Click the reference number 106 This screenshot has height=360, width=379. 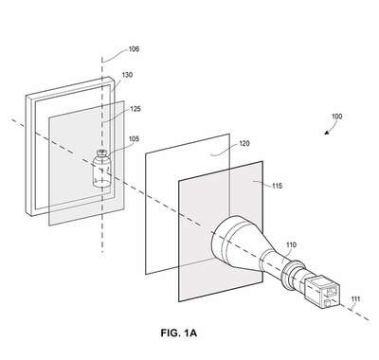[x=134, y=49]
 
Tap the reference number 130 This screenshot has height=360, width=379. [x=127, y=75]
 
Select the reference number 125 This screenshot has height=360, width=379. [x=135, y=109]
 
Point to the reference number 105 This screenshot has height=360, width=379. [x=134, y=139]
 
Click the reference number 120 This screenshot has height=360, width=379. [x=244, y=144]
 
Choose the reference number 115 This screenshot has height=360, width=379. [x=277, y=186]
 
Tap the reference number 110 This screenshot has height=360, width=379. [x=291, y=244]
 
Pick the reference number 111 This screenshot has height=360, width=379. [x=355, y=299]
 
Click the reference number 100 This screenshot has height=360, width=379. [x=336, y=117]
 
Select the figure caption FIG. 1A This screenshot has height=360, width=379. [x=179, y=333]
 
